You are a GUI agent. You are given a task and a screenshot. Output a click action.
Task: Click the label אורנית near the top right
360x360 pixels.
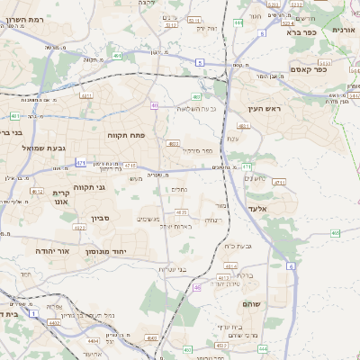(x=344, y=30)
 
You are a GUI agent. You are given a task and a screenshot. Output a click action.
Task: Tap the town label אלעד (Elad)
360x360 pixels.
(x=282, y=208)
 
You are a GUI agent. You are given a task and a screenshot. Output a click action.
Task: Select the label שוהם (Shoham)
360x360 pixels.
(x=251, y=304)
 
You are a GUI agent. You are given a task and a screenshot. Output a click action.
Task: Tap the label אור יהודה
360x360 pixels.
(x=52, y=251)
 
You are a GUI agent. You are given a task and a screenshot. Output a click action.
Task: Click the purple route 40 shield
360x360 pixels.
(x=155, y=105)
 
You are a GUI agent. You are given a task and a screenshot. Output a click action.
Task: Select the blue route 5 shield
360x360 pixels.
(x=198, y=61)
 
